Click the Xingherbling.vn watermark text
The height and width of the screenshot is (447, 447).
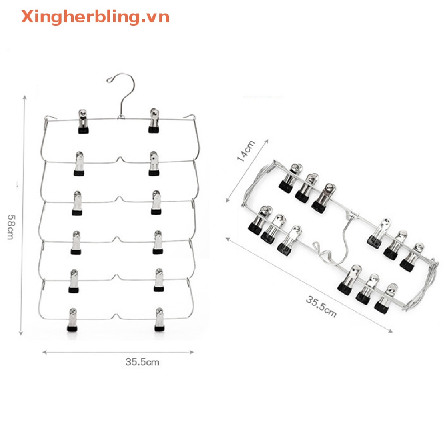tap(95, 17)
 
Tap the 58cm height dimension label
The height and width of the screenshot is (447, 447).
tap(11, 227)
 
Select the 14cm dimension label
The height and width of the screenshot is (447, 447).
tap(246, 151)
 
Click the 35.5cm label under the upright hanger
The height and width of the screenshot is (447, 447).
tap(142, 362)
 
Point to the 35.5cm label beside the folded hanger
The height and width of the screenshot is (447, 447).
tap(321, 306)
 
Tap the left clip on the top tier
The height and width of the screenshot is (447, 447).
tap(83, 121)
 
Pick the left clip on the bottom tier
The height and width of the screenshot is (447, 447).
tap(73, 320)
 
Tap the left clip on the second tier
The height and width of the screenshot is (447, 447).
tap(79, 164)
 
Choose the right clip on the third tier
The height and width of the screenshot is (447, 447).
tap(156, 203)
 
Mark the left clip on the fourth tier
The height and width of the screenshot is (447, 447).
tap(76, 242)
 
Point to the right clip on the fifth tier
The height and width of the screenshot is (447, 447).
tap(159, 280)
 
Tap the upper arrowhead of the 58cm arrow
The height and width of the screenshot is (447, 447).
tap(25, 98)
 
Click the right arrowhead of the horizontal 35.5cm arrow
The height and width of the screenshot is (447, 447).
tap(192, 352)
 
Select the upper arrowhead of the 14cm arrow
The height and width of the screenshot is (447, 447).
tap(267, 141)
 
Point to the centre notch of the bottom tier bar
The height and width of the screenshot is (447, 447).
tap(115, 316)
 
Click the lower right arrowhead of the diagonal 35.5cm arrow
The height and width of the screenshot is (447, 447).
tap(391, 331)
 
